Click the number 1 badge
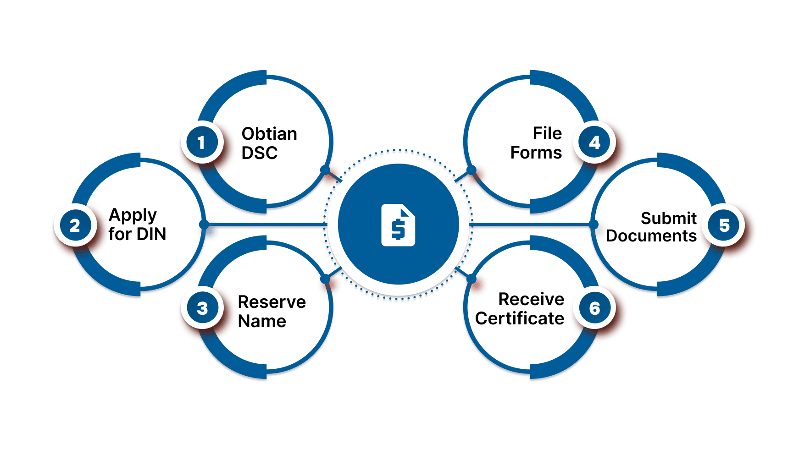coord(202,142)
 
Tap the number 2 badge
coord(75,225)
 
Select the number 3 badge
coord(202,308)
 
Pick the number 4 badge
coord(594,142)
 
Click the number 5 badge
coord(724,225)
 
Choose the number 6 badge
coord(594,308)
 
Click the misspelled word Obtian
coord(269,134)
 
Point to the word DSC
coord(260,153)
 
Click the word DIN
coord(151,234)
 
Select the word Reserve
coord(272,302)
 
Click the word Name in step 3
coord(262,321)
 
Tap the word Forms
coord(536,153)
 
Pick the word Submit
coord(669,218)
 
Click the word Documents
coord(651,236)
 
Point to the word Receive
coord(531,299)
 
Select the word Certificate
coord(520,318)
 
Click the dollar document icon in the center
coord(398,225)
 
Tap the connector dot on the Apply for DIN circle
coord(204,224)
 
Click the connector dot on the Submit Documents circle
coord(594,224)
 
